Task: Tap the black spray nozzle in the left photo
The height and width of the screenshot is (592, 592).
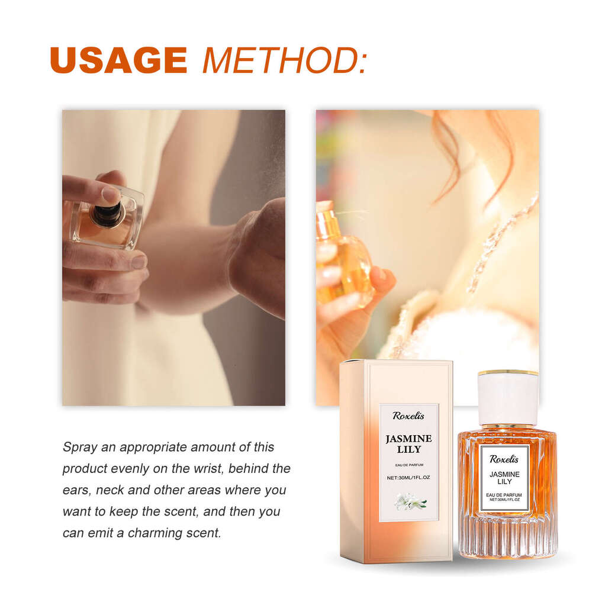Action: [107, 214]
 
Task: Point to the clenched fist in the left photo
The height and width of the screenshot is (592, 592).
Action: [258, 255]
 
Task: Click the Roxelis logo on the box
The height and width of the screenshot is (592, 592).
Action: [408, 416]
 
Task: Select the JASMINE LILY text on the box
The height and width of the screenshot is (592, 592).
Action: [408, 444]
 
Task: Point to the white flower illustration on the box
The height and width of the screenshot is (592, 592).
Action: [410, 504]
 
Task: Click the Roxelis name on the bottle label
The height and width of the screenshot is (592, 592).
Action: [505, 459]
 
